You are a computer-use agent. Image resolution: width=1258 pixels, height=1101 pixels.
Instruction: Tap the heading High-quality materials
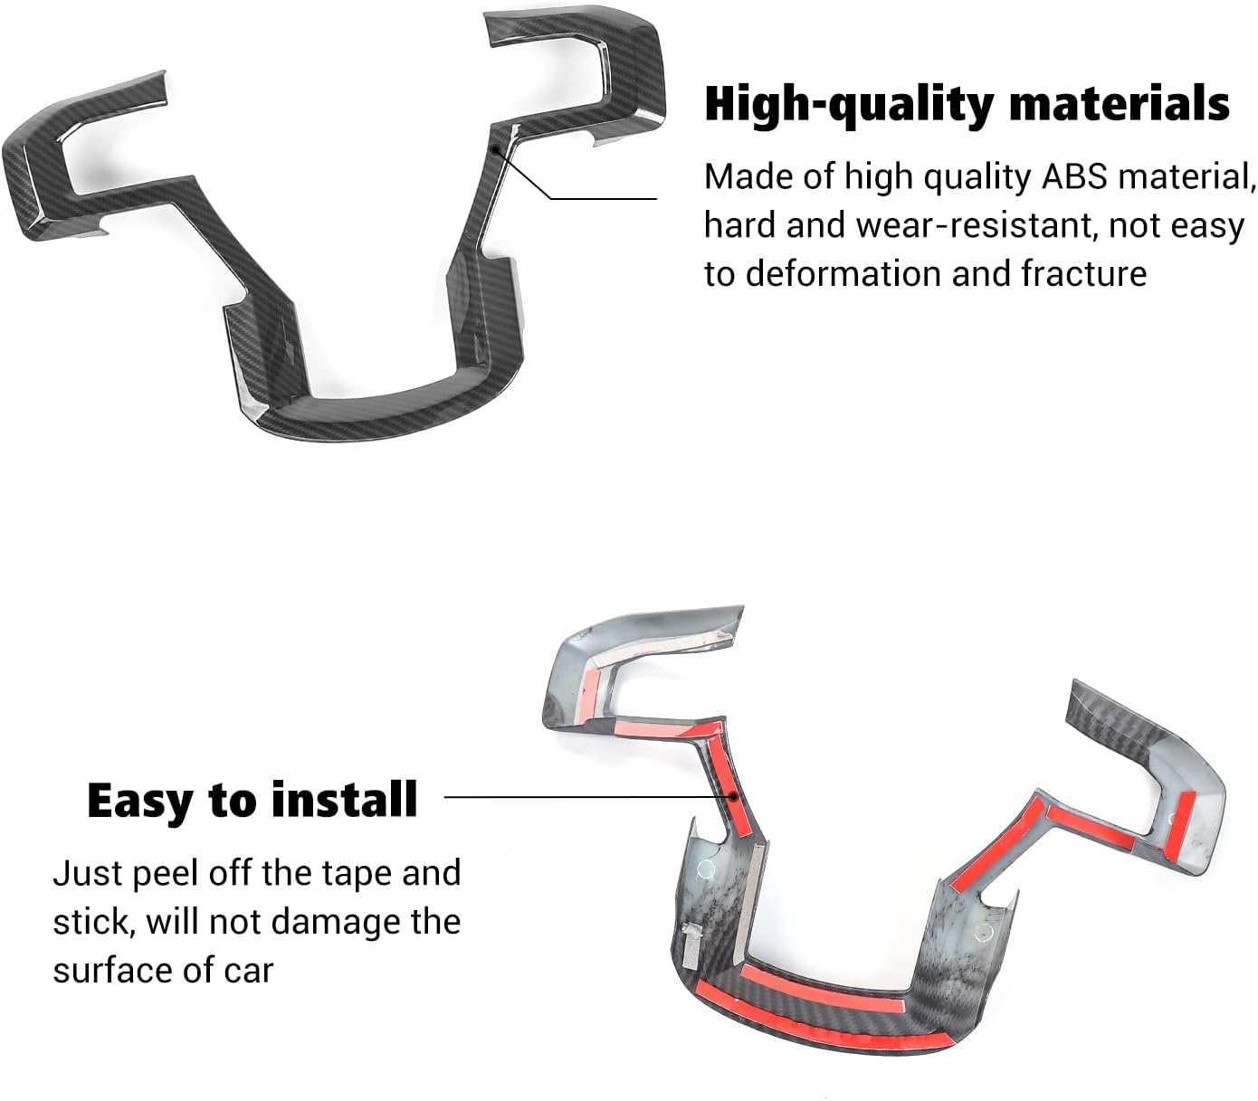pos(967,104)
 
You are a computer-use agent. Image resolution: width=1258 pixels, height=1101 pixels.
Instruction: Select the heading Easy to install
pos(253,801)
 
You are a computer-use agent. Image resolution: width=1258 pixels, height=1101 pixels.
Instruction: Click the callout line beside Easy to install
pos(579,798)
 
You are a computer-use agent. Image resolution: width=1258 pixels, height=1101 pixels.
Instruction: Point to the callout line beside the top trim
pos(597,198)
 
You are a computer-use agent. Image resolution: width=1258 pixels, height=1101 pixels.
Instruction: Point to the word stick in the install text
pos(89,922)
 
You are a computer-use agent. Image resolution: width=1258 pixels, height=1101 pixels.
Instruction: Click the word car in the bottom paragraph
pos(246,971)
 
